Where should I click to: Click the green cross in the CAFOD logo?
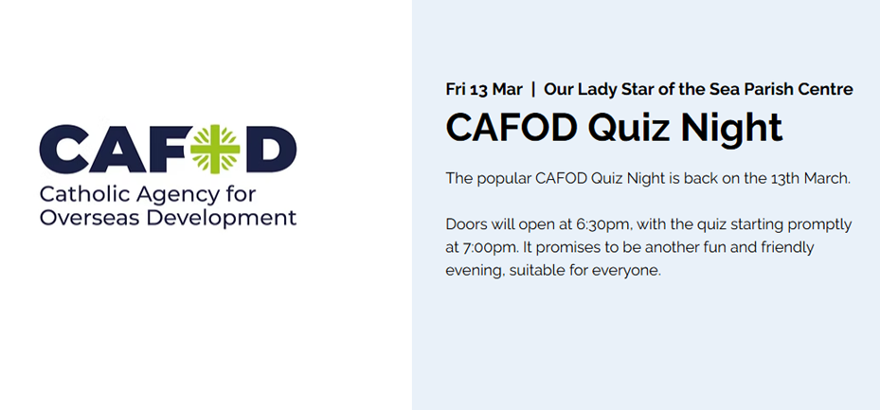point(215,149)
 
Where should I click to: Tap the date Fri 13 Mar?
point(484,89)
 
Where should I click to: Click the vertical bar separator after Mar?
point(533,89)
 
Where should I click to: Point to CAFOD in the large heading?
point(512,127)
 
